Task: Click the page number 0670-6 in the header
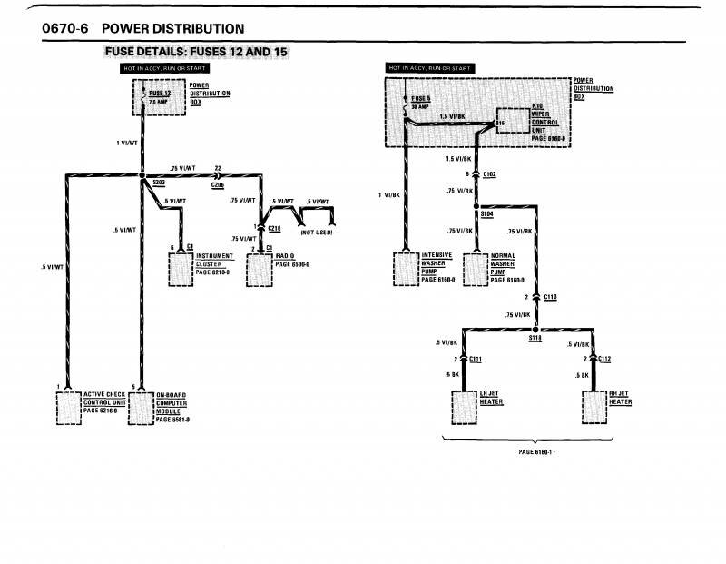(63, 29)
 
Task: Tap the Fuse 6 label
(420, 98)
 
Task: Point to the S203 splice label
(159, 183)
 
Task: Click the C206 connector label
(218, 183)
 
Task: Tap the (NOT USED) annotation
(316, 233)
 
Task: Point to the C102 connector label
(490, 173)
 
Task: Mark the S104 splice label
(486, 213)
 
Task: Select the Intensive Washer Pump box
(406, 269)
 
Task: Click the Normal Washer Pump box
(476, 269)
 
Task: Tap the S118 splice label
(535, 337)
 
